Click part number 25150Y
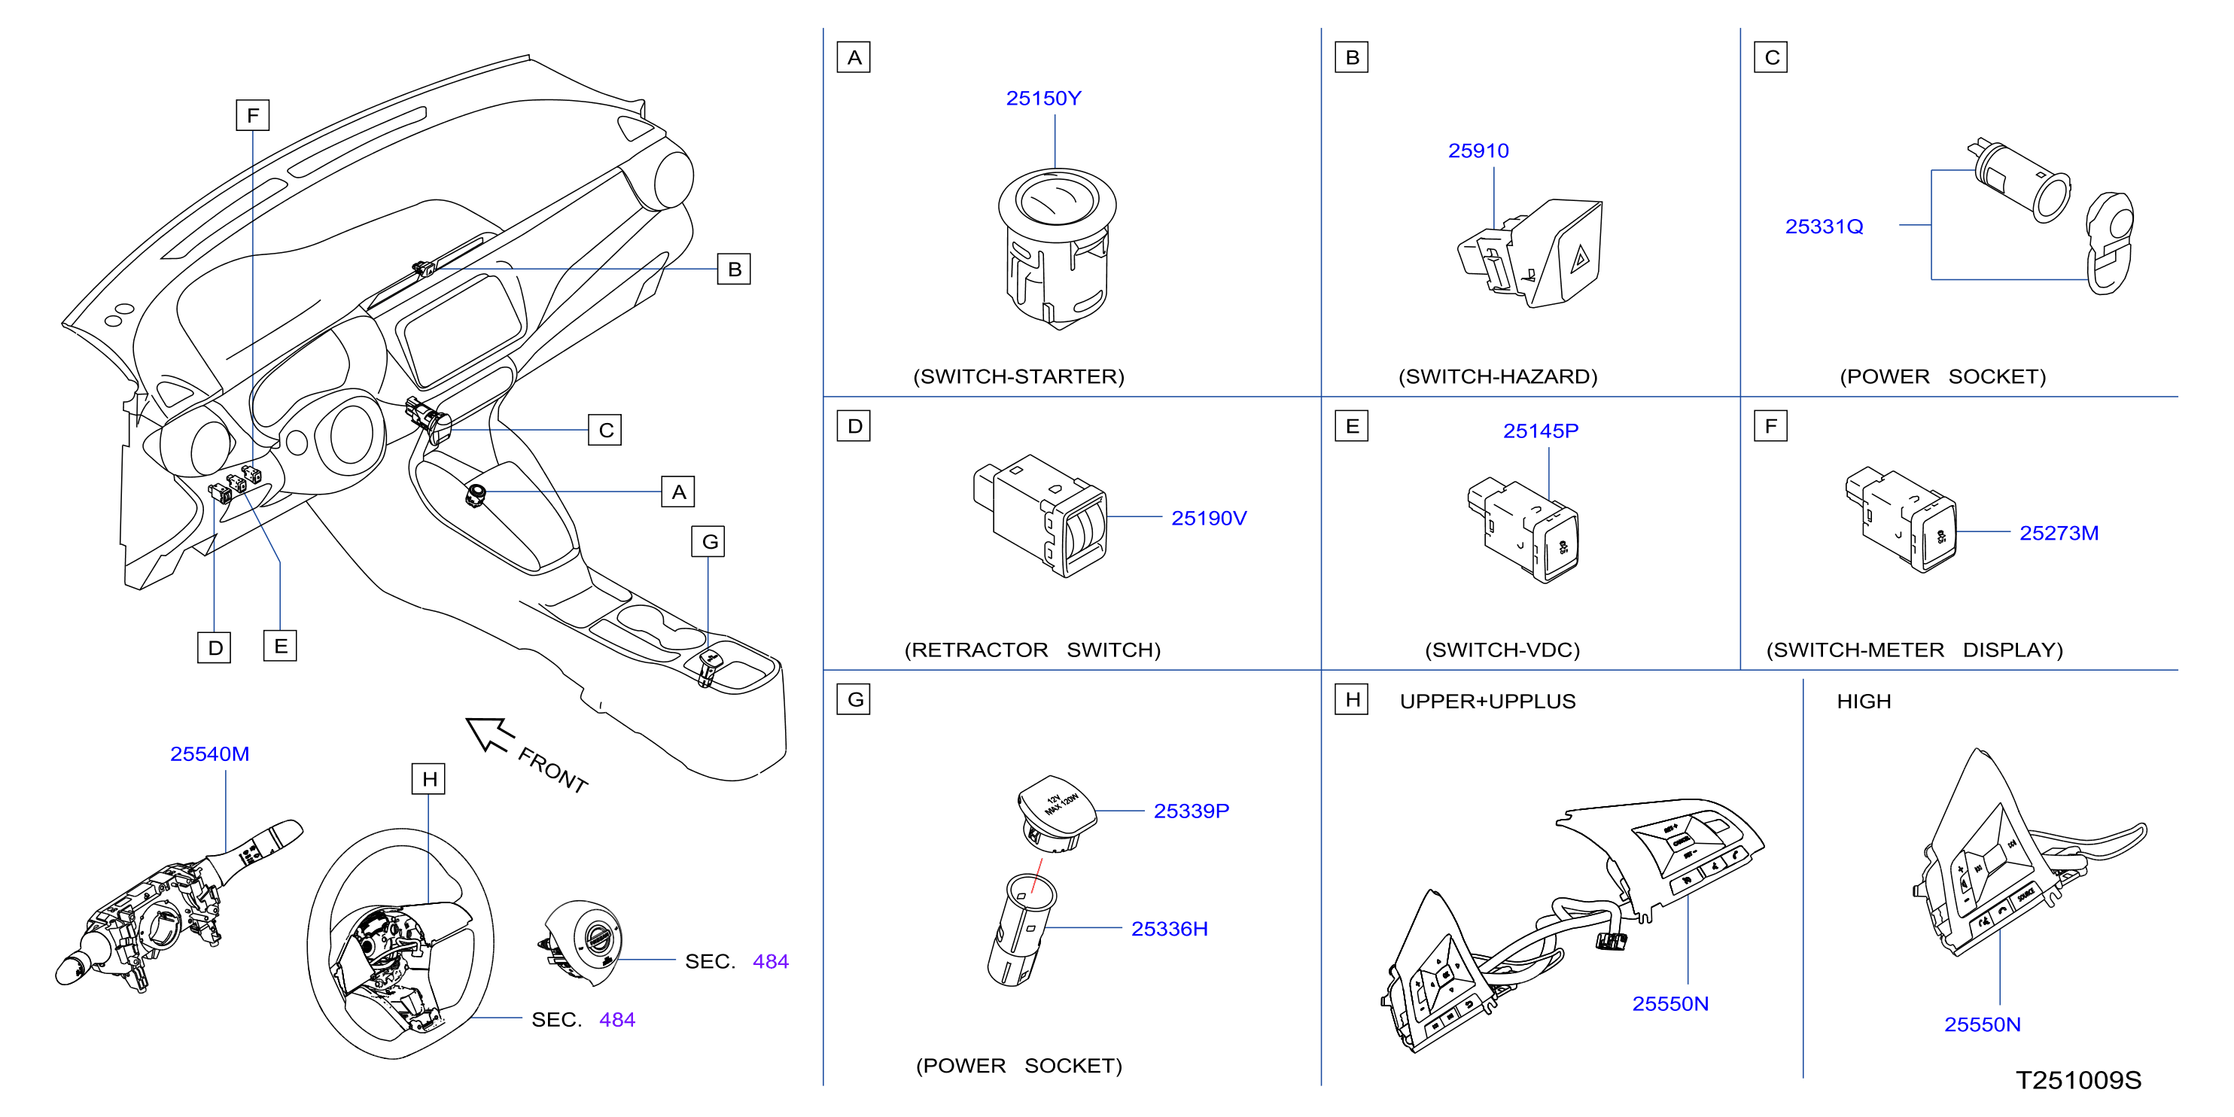click(x=1043, y=99)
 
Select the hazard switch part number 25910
click(x=1478, y=151)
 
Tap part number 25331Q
click(x=1824, y=227)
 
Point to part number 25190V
click(x=1209, y=518)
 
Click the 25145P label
click(x=1540, y=431)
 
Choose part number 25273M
click(x=2059, y=534)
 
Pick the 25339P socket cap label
click(x=1191, y=811)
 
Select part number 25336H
click(x=1169, y=929)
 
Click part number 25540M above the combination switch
click(x=210, y=753)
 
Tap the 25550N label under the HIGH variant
click(x=1983, y=1024)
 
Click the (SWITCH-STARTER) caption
click(x=1018, y=376)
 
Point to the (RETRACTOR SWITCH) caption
click(x=1032, y=650)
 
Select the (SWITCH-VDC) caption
click(x=1502, y=650)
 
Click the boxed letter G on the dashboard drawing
click(x=708, y=542)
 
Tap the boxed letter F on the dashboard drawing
click(x=252, y=115)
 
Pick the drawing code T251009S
click(x=2079, y=1079)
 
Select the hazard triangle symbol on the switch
click(x=1580, y=257)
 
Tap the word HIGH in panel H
click(x=1864, y=702)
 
